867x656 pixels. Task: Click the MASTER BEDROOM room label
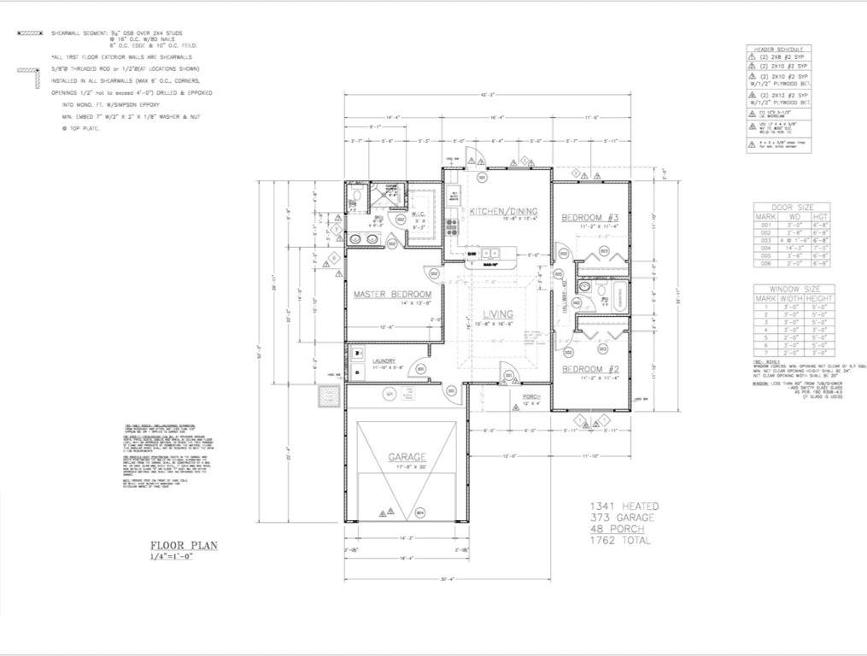click(392, 295)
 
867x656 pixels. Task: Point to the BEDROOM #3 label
click(589, 219)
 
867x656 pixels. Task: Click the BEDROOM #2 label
click(589, 369)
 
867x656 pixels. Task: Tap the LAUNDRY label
click(387, 361)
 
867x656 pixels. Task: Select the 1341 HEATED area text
click(623, 507)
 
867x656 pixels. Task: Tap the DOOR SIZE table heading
click(793, 207)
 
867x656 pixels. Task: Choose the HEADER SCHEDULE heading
click(778, 50)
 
